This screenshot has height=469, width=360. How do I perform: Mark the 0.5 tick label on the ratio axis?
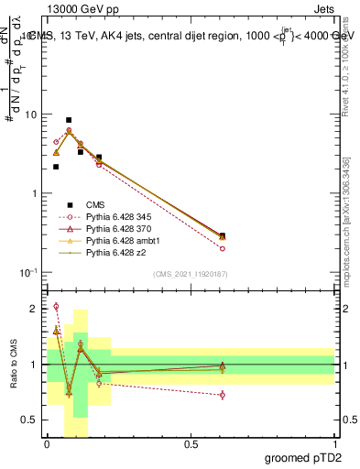coord(32,420)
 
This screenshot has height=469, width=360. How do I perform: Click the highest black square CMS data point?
coord(69,120)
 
